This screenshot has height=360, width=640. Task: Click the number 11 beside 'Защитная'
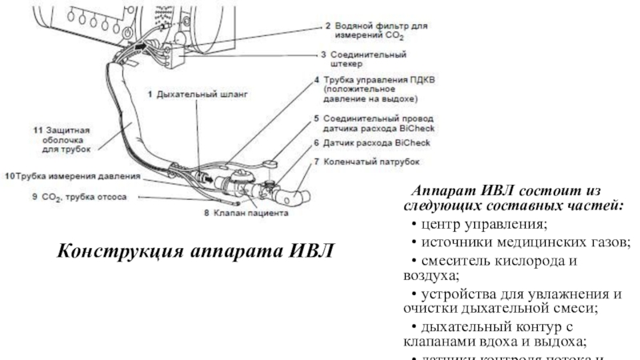tap(38, 129)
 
